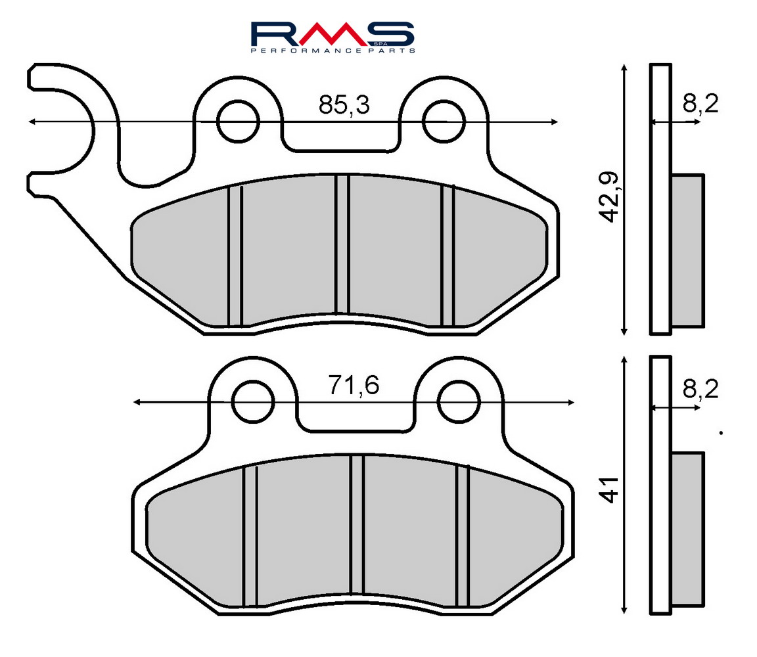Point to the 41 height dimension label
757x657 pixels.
[610, 490]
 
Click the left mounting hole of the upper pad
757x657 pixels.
[237, 122]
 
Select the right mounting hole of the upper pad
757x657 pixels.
[444, 122]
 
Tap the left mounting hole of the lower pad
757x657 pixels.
[252, 401]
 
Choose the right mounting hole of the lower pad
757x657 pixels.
[459, 401]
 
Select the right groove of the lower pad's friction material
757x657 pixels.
[463, 535]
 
